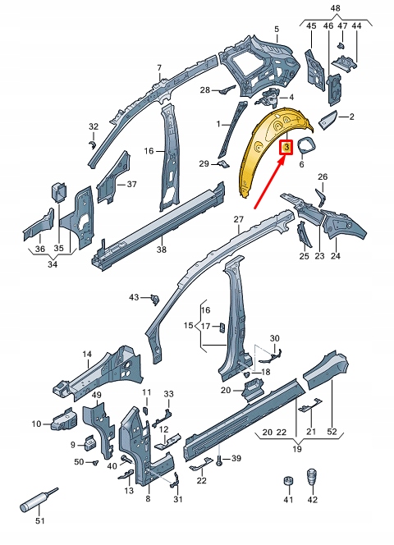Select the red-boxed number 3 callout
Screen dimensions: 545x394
point(286,148)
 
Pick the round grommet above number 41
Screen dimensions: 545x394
point(288,480)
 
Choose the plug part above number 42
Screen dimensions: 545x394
point(313,478)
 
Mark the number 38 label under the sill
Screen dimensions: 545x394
point(162,250)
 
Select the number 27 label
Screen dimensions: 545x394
point(239,218)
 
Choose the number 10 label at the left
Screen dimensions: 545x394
point(36,424)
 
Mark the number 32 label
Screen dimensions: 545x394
point(94,126)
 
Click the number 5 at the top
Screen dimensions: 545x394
point(277,30)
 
